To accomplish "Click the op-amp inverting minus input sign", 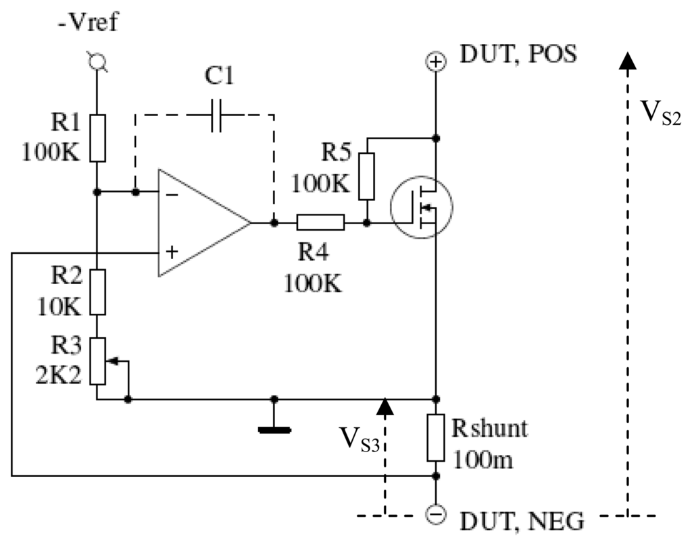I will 172,194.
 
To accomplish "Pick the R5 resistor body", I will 367,175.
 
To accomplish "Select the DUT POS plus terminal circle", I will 437,62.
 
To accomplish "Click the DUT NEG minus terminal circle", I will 437,514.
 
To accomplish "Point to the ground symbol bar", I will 274,429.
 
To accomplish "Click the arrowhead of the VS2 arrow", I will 628,61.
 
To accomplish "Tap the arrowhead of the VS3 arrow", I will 385,406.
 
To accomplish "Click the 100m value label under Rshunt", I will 483,460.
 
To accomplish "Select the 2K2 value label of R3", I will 59,373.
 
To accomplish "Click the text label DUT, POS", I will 518,54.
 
